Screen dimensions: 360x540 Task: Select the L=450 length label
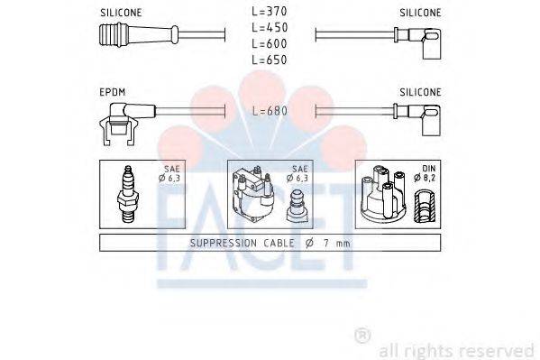pos(270,29)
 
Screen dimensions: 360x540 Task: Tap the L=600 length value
pos(270,44)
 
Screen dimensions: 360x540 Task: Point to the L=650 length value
pos(270,60)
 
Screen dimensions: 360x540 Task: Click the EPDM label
pos(114,92)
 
